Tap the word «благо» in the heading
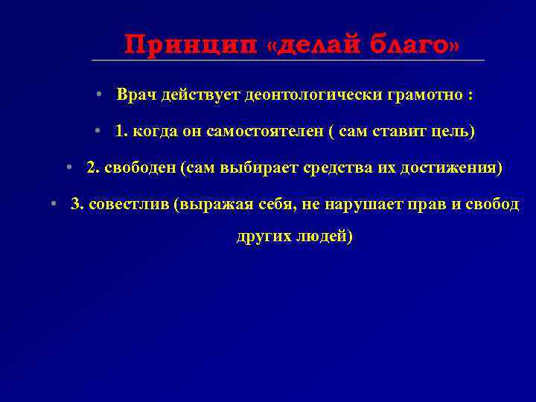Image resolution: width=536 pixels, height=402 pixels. coord(407,45)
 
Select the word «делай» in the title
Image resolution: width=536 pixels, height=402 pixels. coord(319,45)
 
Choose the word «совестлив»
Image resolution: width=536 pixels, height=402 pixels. coord(128,205)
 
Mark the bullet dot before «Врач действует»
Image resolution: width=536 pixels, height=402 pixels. coord(98,97)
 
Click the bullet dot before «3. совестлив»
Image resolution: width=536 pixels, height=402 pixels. coord(53,205)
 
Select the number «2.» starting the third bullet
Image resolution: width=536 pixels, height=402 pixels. coord(93,168)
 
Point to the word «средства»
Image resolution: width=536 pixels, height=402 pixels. coord(335,168)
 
